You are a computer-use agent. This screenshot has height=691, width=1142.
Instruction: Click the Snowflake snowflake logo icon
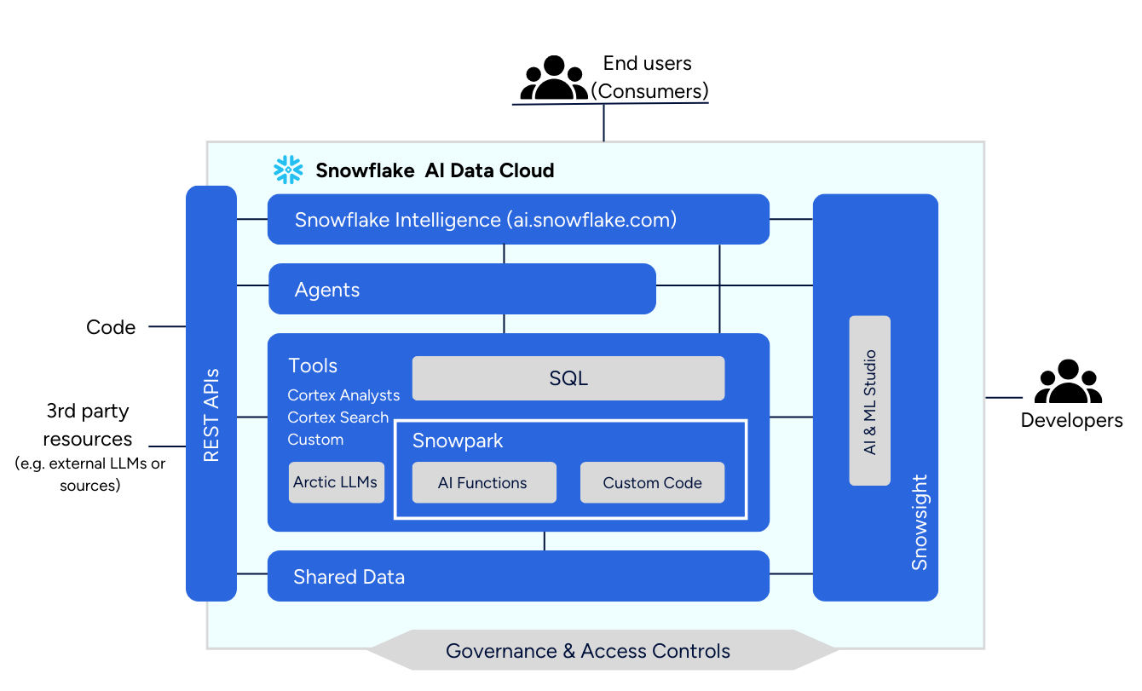(x=288, y=170)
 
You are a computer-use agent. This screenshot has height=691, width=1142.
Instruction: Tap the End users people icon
(x=554, y=78)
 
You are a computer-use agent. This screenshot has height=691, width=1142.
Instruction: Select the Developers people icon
(x=1068, y=383)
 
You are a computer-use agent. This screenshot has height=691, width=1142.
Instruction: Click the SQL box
(x=568, y=378)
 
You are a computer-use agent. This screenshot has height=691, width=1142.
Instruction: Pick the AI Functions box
(x=483, y=482)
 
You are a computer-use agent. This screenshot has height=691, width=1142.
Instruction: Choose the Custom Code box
(x=652, y=482)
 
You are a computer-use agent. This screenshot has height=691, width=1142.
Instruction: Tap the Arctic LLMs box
(x=336, y=482)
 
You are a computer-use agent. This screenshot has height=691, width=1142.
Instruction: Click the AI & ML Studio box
(x=870, y=400)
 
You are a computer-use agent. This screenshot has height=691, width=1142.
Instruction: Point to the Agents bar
(x=462, y=289)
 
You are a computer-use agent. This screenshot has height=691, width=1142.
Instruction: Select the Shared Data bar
(x=518, y=576)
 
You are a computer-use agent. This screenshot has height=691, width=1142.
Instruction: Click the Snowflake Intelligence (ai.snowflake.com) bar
(x=518, y=220)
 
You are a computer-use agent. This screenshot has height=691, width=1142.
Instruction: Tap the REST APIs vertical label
(x=211, y=415)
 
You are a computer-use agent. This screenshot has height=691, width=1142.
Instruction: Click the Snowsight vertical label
(x=919, y=522)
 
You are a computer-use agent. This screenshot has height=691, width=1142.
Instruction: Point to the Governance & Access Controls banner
(x=588, y=651)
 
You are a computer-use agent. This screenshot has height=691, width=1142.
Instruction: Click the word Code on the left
(x=111, y=327)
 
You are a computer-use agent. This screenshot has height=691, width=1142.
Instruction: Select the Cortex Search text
(x=338, y=417)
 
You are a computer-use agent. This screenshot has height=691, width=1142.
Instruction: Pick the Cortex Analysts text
(x=343, y=395)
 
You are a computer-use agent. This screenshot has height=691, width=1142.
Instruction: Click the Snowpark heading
(x=458, y=441)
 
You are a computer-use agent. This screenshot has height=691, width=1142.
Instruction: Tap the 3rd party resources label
(x=88, y=425)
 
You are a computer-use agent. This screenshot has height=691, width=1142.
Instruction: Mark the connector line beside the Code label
(x=167, y=326)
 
